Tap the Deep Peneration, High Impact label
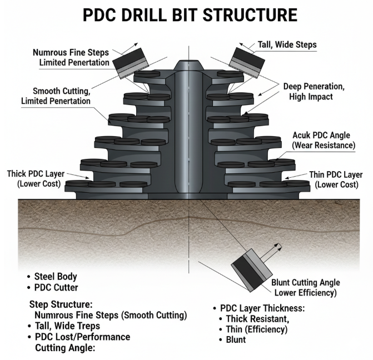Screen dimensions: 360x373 coord(311,92)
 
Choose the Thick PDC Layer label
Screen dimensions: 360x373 coord(33,178)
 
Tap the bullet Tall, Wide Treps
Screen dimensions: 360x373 coord(67,326)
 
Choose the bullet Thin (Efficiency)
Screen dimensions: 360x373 coord(256,329)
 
